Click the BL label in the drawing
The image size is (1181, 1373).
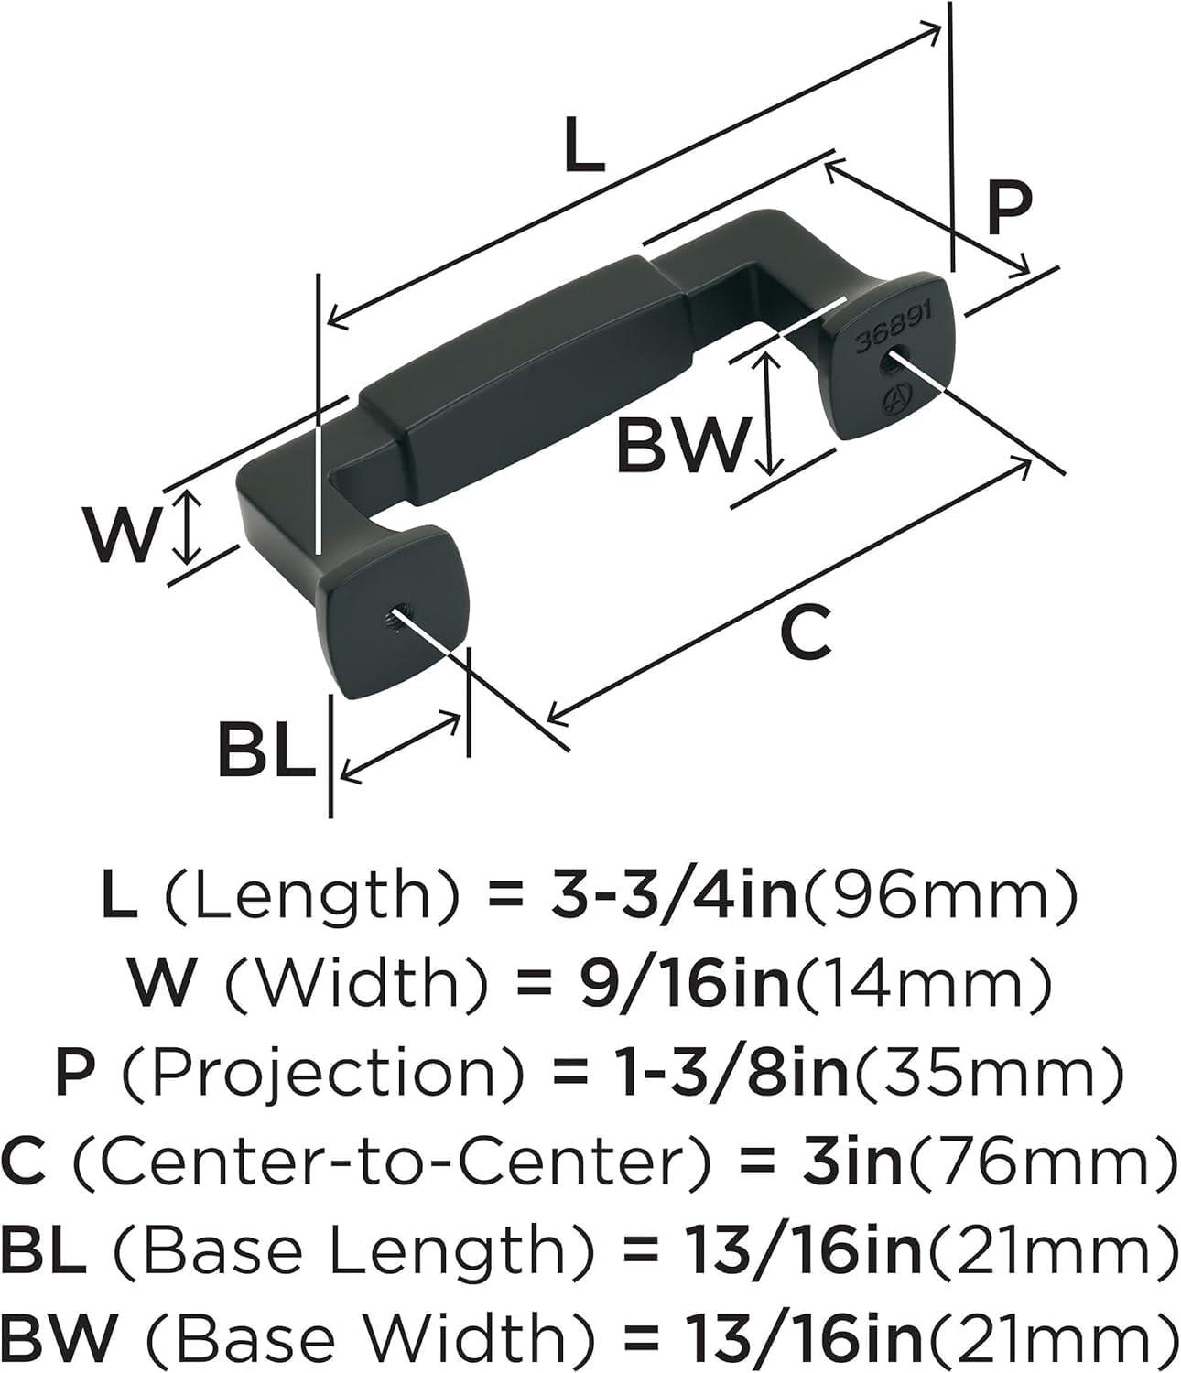click(266, 749)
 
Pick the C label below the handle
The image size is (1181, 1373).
click(806, 632)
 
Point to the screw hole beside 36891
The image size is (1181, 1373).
click(888, 364)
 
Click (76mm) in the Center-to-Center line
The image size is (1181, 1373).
click(1039, 1162)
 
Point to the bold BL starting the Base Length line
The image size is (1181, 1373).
click(44, 1249)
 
